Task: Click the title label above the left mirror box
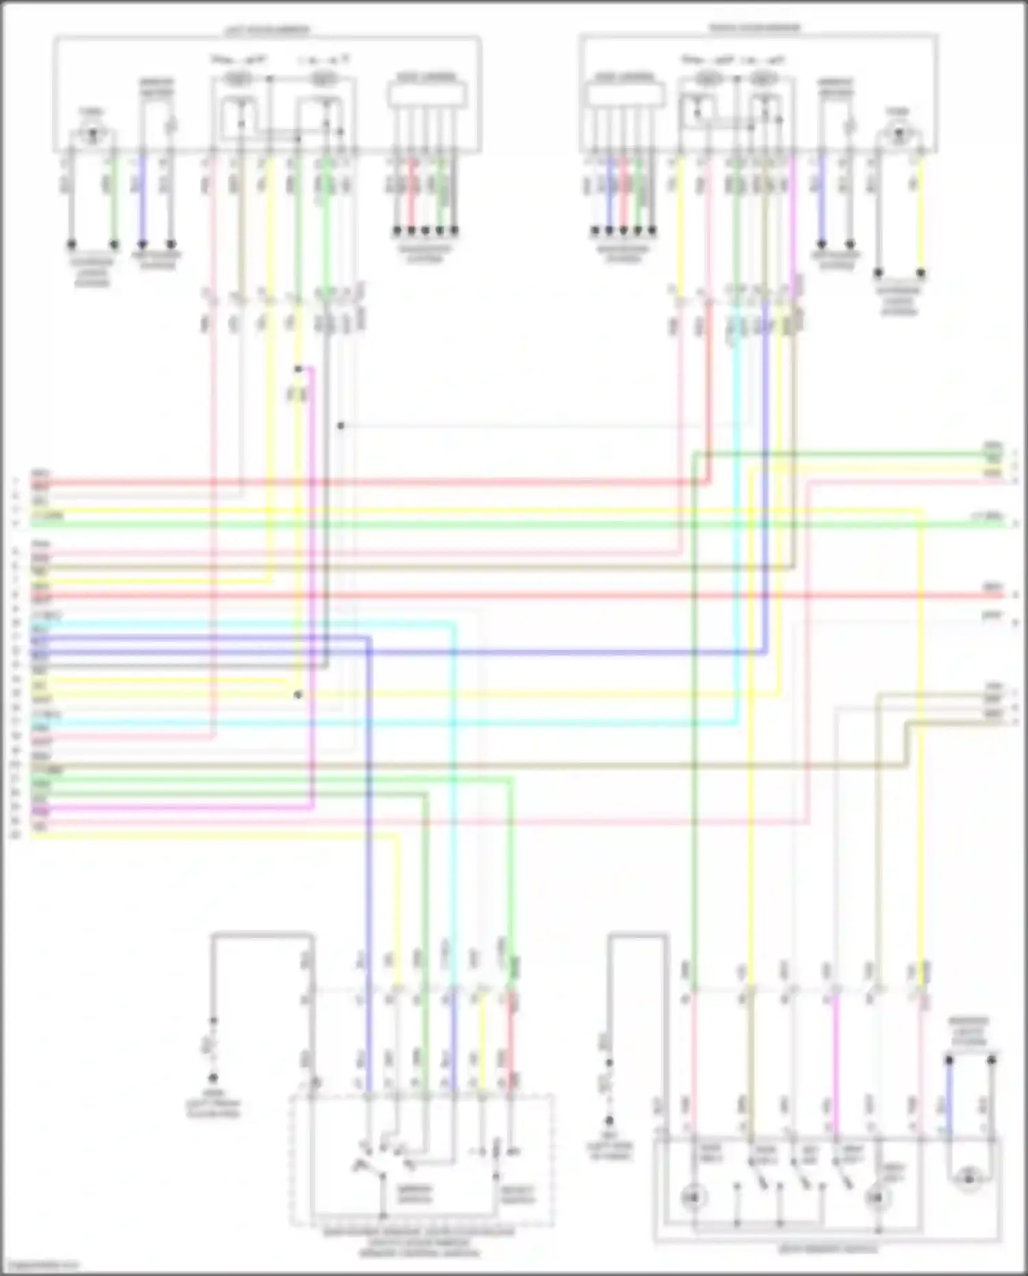pyautogui.click(x=267, y=30)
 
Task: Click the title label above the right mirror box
pyautogui.click(x=754, y=28)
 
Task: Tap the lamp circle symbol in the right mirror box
pyautogui.click(x=898, y=135)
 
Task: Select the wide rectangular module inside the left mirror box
pyautogui.click(x=428, y=94)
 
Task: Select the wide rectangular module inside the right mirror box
pyautogui.click(x=624, y=94)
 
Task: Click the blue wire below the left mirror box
pyautogui.click(x=143, y=199)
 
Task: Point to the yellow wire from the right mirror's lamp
pyautogui.click(x=921, y=213)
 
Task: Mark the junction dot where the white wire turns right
pyautogui.click(x=341, y=426)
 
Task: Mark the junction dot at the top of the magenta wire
pyautogui.click(x=298, y=370)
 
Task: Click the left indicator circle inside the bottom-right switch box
pyautogui.click(x=692, y=1196)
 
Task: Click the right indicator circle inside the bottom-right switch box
pyautogui.click(x=875, y=1197)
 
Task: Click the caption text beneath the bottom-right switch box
pyautogui.click(x=828, y=1249)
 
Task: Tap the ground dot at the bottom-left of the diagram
pyautogui.click(x=213, y=1077)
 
